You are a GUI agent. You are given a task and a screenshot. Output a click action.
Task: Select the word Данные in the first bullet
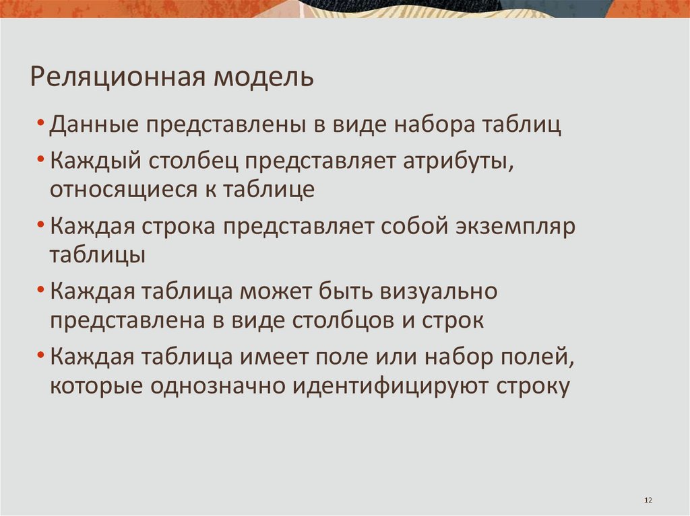click(92, 125)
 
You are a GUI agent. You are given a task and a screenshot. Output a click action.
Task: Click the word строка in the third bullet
click(179, 227)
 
